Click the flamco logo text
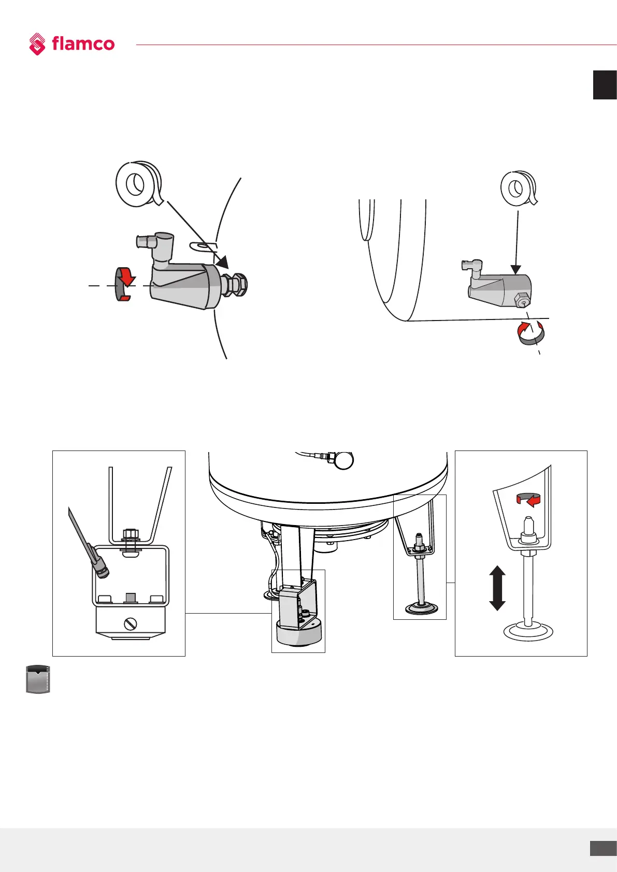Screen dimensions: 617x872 pyautogui.click(x=83, y=43)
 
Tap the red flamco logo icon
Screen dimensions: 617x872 pyautogui.click(x=37, y=44)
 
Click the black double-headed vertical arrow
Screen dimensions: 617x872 pyautogui.click(x=497, y=588)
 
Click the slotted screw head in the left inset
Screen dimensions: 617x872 pyautogui.click(x=131, y=624)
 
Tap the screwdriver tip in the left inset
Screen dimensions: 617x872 pyautogui.click(x=102, y=570)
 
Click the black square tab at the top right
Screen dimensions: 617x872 pyautogui.click(x=605, y=84)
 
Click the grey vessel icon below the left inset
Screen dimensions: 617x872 pyautogui.click(x=38, y=679)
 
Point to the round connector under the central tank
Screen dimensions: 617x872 pyautogui.click(x=343, y=460)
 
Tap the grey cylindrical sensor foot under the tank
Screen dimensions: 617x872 pyautogui.click(x=298, y=632)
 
